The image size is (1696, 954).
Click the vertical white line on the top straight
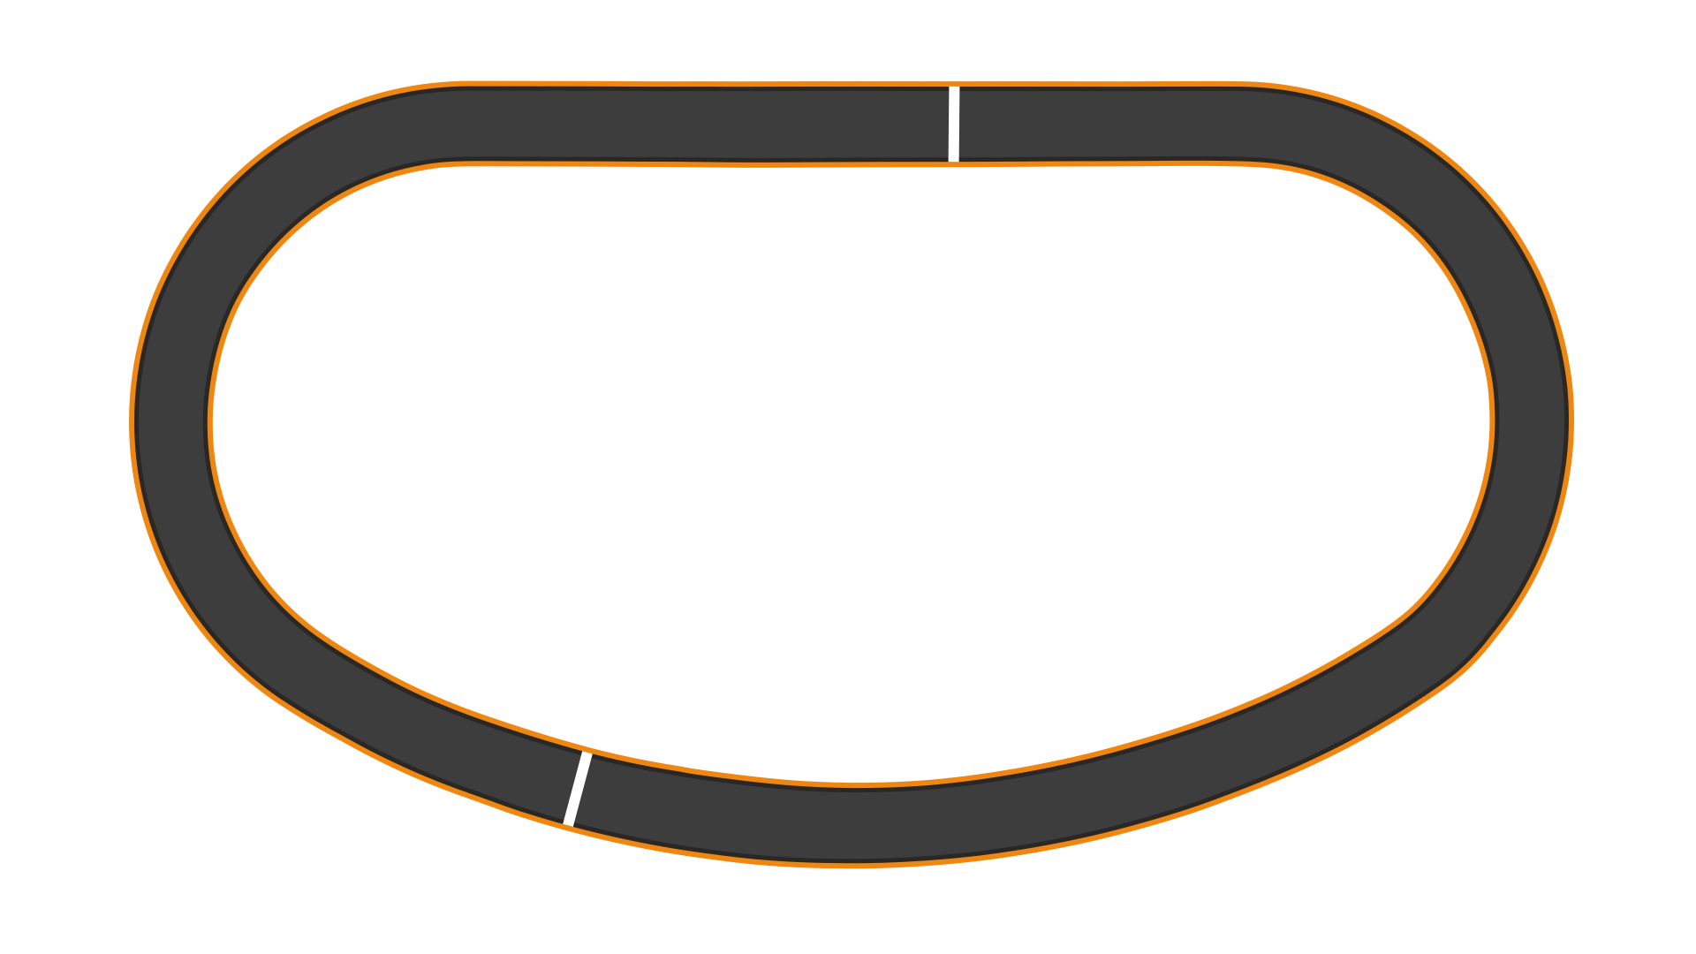954,125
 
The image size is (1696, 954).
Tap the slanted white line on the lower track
578,789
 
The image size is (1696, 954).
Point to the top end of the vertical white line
954,89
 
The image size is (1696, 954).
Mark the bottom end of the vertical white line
954,160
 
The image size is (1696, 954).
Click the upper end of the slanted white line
587,755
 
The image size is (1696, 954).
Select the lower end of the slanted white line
569,823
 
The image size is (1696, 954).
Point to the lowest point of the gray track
852,826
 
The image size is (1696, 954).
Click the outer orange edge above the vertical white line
954,83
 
